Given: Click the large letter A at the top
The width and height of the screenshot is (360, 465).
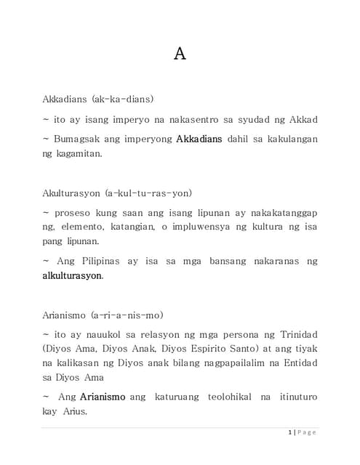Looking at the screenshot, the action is pos(180,54).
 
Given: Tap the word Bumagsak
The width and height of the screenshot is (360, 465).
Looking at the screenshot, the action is pos(77,138).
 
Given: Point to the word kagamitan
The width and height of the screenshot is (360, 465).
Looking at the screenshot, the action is pos(79,153).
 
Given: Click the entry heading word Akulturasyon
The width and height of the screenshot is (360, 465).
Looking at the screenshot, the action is pos(71,193).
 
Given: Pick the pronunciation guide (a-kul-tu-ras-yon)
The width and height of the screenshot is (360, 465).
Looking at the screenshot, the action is pos(148,193).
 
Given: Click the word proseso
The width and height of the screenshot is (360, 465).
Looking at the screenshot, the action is pos(74,212).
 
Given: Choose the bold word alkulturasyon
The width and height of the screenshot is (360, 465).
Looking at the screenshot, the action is pos(72,275).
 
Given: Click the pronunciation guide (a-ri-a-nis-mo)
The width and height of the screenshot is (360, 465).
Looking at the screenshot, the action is pos(127,315).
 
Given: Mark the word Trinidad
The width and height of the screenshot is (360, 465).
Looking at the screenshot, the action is pos(295,334).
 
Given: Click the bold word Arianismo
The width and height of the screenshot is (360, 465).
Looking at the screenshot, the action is pos(102,397).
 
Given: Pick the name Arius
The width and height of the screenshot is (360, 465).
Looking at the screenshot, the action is pos(76,412).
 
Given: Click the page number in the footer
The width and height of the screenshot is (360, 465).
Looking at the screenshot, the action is pos(290,433).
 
